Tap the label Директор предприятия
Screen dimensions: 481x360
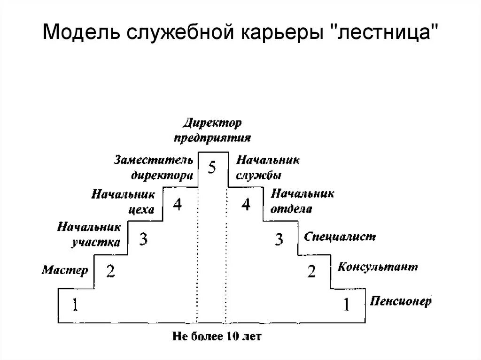pyautogui.click(x=212, y=131)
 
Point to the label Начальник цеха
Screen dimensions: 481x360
pyautogui.click(x=123, y=201)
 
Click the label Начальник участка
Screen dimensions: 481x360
pyautogui.click(x=89, y=235)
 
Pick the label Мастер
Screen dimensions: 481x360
pyautogui.click(x=65, y=270)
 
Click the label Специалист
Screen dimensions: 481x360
pyautogui.click(x=340, y=237)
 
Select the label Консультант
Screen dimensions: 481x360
pyautogui.click(x=377, y=267)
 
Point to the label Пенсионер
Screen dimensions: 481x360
pyautogui.click(x=400, y=301)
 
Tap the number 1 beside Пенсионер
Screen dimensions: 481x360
pyautogui.click(x=346, y=306)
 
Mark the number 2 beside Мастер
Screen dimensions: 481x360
pyautogui.click(x=110, y=272)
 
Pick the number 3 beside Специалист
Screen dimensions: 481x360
pyautogui.click(x=279, y=239)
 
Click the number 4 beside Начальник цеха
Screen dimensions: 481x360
pyautogui.click(x=177, y=205)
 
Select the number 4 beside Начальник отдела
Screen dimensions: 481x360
pyautogui.click(x=246, y=205)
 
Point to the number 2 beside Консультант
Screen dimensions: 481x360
pyautogui.click(x=311, y=272)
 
